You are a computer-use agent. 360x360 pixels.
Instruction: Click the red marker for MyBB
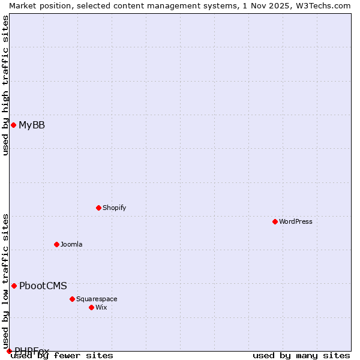13,125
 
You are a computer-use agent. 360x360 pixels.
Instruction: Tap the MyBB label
32,125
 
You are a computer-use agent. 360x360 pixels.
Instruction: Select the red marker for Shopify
98,208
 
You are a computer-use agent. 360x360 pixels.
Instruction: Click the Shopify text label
114,208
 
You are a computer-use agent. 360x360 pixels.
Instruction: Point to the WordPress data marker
275,221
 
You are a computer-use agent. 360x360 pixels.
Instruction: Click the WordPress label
296,221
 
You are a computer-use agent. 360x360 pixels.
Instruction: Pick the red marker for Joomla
56,244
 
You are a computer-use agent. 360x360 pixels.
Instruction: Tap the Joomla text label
71,244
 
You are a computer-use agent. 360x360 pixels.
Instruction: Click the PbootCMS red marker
14,286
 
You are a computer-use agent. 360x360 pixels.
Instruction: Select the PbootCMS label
43,286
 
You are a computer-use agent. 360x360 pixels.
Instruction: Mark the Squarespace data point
72,299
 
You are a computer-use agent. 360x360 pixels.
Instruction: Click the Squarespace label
97,299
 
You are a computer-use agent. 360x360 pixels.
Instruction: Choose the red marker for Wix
91,307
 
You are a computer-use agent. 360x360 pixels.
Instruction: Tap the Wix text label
101,307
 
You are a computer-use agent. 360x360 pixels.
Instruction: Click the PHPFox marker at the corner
9,351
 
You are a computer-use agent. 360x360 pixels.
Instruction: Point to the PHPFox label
32,350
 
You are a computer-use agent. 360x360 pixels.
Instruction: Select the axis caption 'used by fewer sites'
62,356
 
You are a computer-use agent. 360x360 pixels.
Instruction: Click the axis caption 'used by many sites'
301,356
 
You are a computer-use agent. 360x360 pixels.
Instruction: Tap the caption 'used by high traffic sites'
5,85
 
